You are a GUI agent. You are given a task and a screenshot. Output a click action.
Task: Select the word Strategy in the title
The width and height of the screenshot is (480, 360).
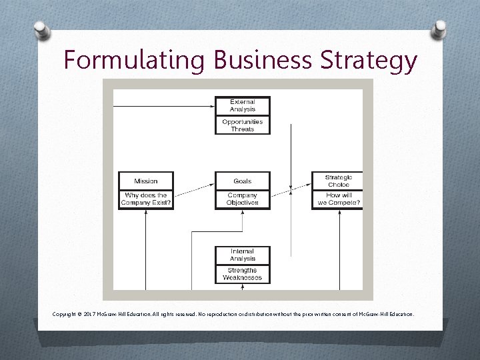[x=369, y=60]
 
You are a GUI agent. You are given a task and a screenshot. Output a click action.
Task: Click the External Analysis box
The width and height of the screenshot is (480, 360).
[x=243, y=106]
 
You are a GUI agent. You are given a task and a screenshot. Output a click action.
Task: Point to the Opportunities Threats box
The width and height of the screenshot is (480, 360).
[x=243, y=125]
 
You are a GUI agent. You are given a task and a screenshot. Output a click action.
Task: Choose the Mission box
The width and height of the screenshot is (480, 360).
[x=146, y=181]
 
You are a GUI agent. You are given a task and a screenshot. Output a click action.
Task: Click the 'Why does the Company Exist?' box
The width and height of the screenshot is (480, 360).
[x=146, y=199]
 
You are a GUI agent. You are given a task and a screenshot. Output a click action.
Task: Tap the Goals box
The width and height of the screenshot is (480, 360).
[x=243, y=181]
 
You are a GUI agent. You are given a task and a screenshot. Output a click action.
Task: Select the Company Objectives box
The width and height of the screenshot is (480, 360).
[x=243, y=199]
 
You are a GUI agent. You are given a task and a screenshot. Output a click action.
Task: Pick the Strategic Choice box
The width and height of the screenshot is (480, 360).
[x=338, y=181]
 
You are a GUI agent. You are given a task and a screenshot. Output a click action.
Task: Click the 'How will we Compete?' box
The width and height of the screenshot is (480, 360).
[x=338, y=199]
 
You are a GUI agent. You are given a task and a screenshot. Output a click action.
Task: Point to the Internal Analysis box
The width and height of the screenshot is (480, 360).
[x=243, y=255]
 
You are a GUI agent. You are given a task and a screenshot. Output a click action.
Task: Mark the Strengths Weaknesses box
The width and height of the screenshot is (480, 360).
[x=243, y=274]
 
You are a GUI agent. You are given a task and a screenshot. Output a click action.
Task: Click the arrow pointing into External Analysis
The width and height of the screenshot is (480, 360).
[x=200, y=106]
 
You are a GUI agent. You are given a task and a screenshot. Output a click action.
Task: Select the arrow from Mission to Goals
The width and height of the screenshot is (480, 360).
[x=193, y=190]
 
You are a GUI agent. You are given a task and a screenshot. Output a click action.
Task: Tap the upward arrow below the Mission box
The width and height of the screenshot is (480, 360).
[x=146, y=247]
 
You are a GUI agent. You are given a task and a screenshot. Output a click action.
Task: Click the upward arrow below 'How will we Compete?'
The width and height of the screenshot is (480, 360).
[x=339, y=247]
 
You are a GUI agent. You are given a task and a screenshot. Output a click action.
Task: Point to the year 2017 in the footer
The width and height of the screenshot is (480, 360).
[x=95, y=313]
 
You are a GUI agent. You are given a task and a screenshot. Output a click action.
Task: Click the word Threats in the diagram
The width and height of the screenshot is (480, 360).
[x=243, y=129]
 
